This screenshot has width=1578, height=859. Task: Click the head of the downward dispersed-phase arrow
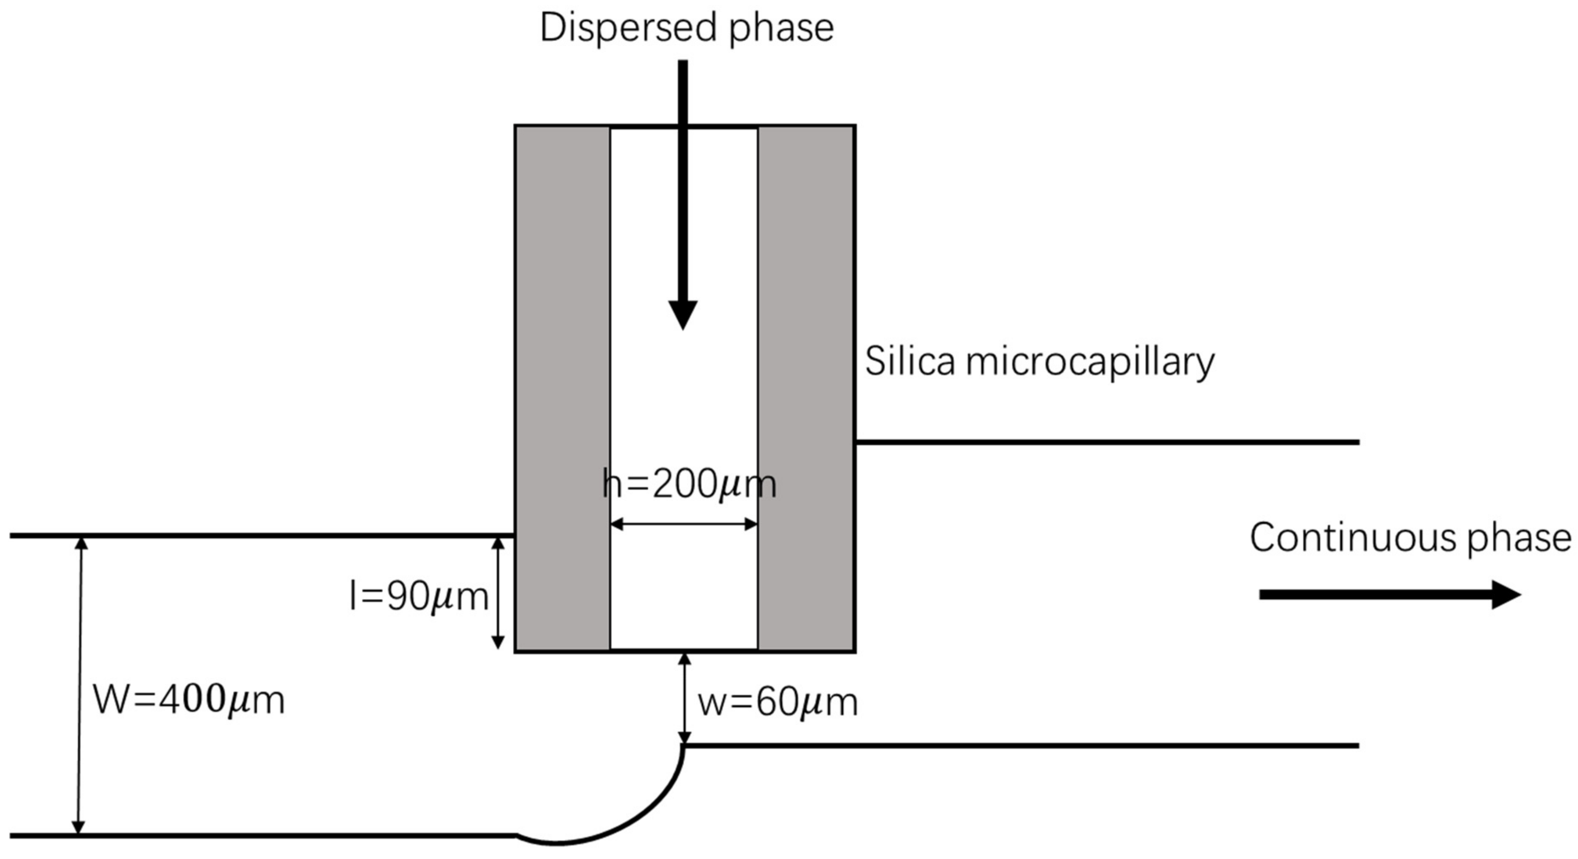[683, 315]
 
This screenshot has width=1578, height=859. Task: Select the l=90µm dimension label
[419, 596]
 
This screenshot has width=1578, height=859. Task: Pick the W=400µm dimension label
[189, 700]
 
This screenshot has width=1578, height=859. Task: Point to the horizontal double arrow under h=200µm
[684, 524]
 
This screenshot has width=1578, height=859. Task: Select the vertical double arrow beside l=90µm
[498, 593]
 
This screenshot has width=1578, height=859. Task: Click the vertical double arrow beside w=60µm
[685, 699]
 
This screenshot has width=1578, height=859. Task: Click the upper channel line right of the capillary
[1102, 442]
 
